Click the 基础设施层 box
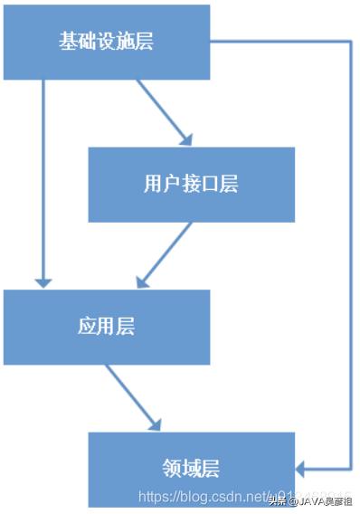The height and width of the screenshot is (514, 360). [x=106, y=42]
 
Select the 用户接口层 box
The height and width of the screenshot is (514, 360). [x=191, y=185]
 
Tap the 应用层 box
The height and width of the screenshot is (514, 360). [x=106, y=327]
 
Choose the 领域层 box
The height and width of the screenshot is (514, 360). [x=191, y=469]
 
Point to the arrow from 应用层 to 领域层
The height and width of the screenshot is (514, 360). [x=132, y=396]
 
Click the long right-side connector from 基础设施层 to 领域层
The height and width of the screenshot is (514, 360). [x=350, y=253]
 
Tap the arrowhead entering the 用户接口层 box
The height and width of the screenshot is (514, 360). [x=186, y=139]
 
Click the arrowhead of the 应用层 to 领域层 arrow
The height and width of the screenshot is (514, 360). [x=156, y=423]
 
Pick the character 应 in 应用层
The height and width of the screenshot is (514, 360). [x=87, y=327]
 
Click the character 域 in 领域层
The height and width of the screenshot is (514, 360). [x=191, y=469]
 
